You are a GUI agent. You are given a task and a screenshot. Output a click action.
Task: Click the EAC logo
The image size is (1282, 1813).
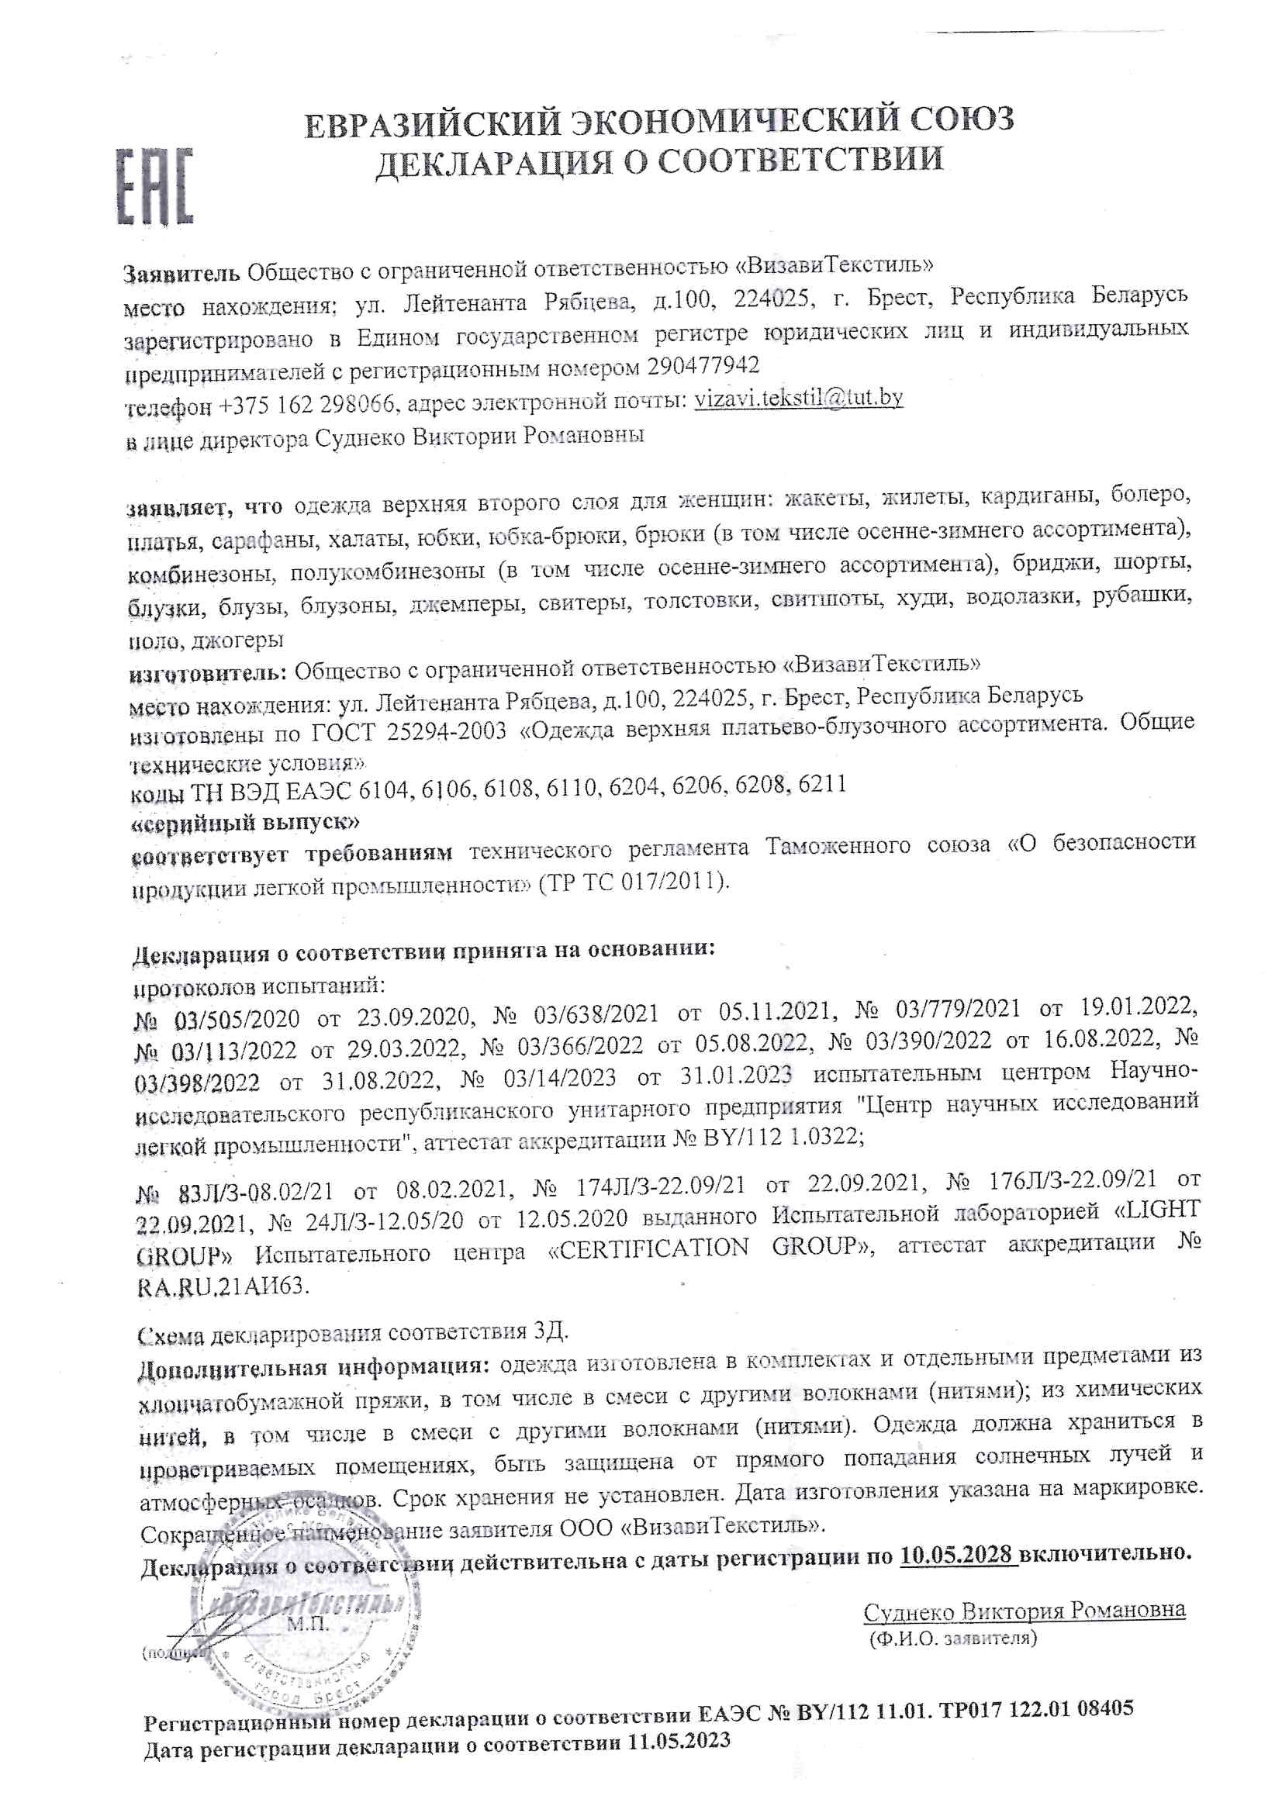pos(155,186)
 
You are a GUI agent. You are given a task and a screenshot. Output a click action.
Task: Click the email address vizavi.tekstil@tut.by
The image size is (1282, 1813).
pos(799,398)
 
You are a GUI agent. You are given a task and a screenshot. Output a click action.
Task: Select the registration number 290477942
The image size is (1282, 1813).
pos(702,365)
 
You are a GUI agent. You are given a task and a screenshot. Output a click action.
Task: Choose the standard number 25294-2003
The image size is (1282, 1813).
pos(446,730)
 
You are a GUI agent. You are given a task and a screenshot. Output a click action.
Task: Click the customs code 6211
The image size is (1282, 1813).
pos(822,784)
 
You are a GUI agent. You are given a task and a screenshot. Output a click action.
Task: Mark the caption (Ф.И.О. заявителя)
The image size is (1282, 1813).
pos(952,1638)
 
